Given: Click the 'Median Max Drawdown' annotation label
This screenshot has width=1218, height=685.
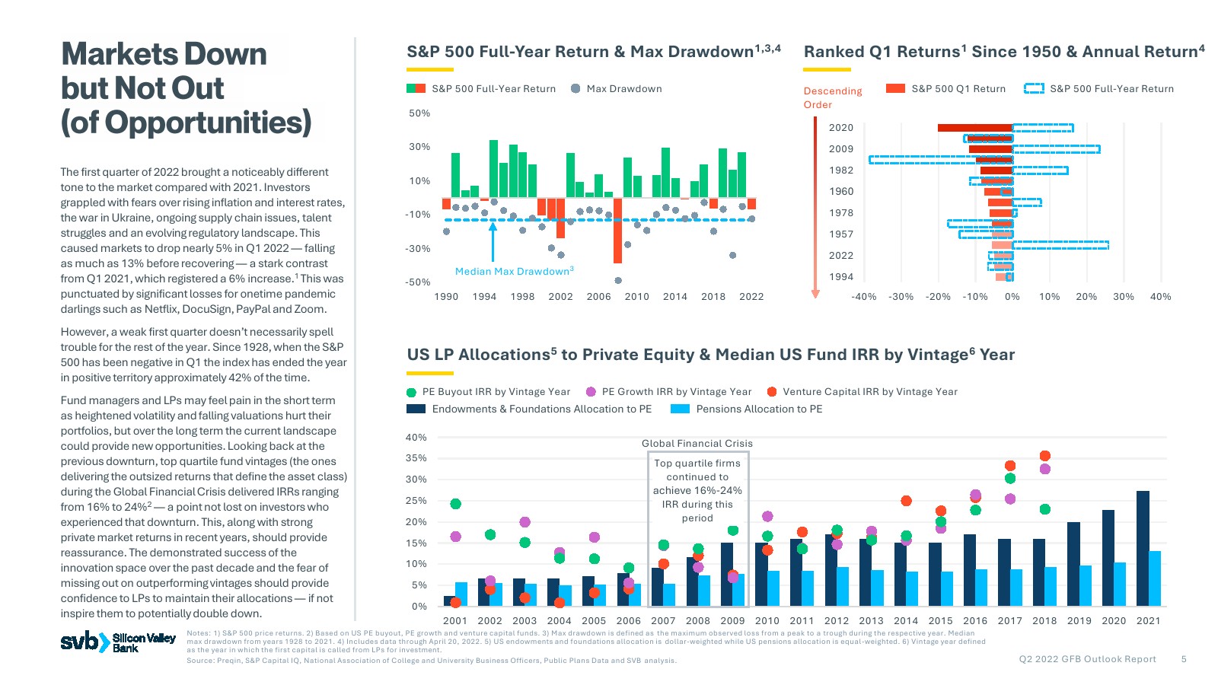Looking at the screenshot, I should click(x=514, y=271).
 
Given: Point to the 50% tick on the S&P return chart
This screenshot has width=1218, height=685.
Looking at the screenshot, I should click(x=419, y=113).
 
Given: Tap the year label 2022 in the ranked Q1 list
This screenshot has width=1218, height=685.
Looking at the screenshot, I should click(x=841, y=255).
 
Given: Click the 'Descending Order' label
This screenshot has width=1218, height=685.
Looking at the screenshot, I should click(x=832, y=97).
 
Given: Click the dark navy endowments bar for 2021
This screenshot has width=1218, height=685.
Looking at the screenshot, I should click(x=1143, y=548).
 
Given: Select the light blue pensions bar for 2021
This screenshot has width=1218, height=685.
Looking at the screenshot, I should click(x=1155, y=578).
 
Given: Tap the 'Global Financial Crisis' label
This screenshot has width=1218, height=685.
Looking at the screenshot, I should click(x=697, y=443).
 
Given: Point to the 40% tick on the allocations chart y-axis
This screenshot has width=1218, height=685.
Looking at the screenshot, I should click(x=416, y=437).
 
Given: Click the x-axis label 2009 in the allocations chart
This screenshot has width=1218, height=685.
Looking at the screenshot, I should click(x=732, y=620).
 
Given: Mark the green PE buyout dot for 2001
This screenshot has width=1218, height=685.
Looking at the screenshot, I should click(x=455, y=504).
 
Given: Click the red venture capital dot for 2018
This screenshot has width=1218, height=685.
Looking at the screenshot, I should click(x=1044, y=456).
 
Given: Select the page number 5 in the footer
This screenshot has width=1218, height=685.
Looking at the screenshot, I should click(x=1184, y=659).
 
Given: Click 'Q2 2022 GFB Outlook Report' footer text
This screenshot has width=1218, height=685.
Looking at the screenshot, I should click(x=1087, y=659).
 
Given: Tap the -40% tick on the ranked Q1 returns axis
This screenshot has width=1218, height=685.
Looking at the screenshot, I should click(x=863, y=296).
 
